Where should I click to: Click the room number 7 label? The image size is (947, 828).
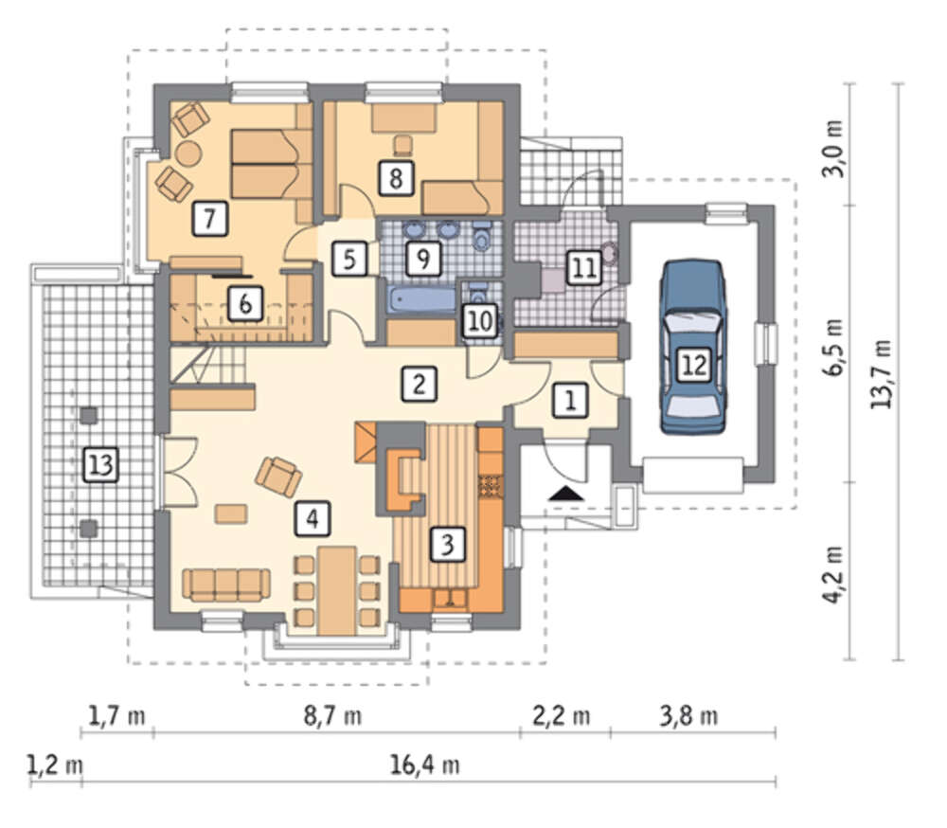(209, 218)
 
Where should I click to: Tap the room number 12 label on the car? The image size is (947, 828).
(693, 365)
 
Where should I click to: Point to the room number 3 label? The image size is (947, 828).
(447, 545)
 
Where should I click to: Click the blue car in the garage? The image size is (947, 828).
(693, 347)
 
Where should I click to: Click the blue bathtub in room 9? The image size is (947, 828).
(421, 299)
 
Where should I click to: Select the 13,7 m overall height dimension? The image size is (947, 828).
(883, 373)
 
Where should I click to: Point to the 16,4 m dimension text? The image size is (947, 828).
(424, 765)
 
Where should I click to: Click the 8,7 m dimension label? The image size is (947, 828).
(332, 716)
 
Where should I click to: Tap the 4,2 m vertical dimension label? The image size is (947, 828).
(834, 574)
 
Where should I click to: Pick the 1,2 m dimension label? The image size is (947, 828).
(55, 765)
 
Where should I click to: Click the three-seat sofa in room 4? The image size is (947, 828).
(226, 585)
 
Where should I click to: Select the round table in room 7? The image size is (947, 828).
(188, 153)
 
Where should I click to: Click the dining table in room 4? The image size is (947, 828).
(337, 590)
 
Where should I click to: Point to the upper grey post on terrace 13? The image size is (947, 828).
(89, 415)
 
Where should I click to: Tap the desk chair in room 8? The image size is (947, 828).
(402, 144)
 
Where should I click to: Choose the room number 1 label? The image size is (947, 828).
(569, 400)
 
